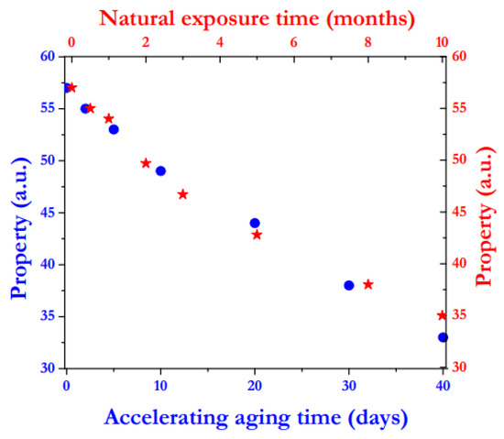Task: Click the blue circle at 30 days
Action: tap(348, 285)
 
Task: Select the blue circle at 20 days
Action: tap(255, 223)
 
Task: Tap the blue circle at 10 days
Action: tap(160, 170)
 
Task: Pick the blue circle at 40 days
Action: tap(443, 337)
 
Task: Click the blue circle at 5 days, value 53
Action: tap(114, 129)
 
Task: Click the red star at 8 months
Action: tap(368, 284)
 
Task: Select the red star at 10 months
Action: tap(443, 315)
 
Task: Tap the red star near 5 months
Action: tap(257, 235)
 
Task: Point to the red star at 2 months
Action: tap(146, 163)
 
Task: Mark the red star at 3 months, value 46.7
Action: tap(182, 194)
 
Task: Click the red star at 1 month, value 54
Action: tap(108, 118)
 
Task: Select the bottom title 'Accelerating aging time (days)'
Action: tap(255, 418)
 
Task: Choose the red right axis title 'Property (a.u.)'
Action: tap(487, 213)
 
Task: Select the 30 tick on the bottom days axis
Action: tap(348, 385)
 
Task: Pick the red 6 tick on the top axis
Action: tap(294, 41)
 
